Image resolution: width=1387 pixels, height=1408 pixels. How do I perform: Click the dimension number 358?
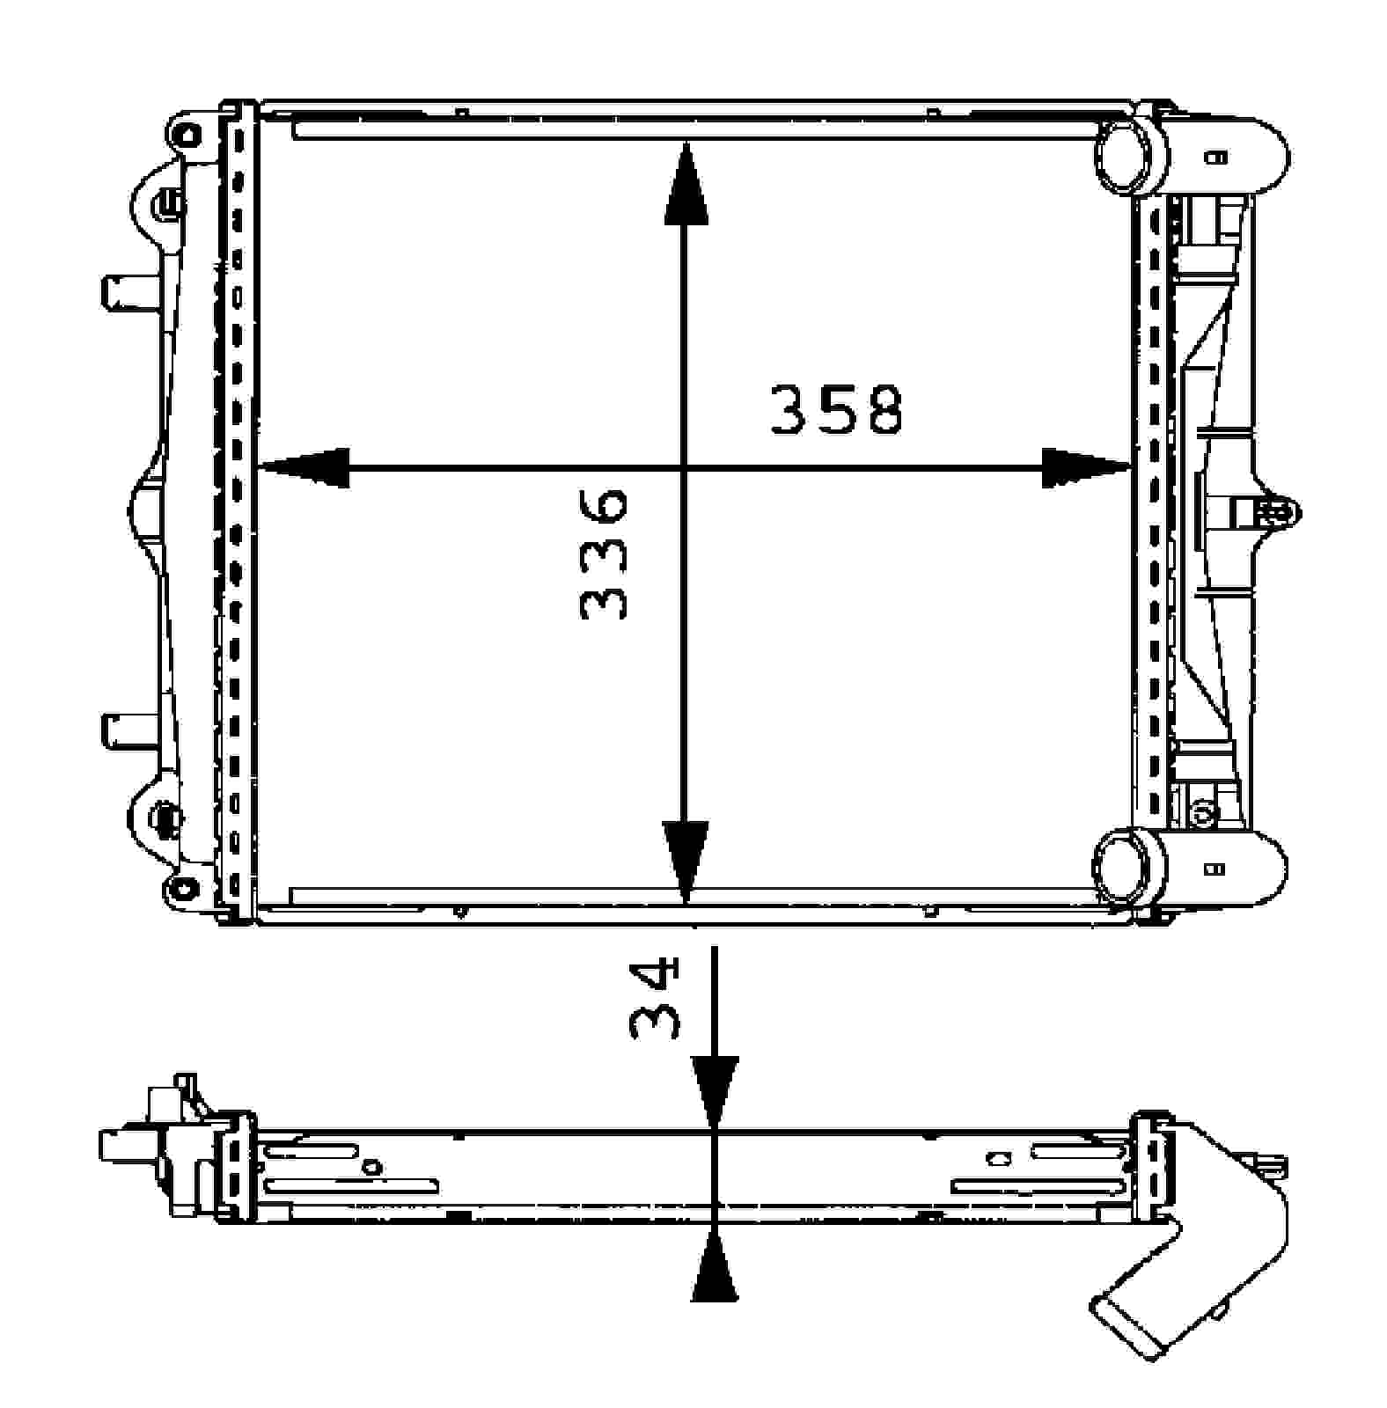(836, 410)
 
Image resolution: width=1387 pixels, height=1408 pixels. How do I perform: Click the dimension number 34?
(655, 999)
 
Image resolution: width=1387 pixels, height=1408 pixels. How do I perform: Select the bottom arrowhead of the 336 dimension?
(685, 862)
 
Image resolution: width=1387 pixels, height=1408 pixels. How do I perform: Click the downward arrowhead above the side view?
(715, 1091)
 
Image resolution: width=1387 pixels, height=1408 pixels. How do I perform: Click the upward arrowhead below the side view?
(715, 1267)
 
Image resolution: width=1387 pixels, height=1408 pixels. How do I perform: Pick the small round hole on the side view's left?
(372, 1167)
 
